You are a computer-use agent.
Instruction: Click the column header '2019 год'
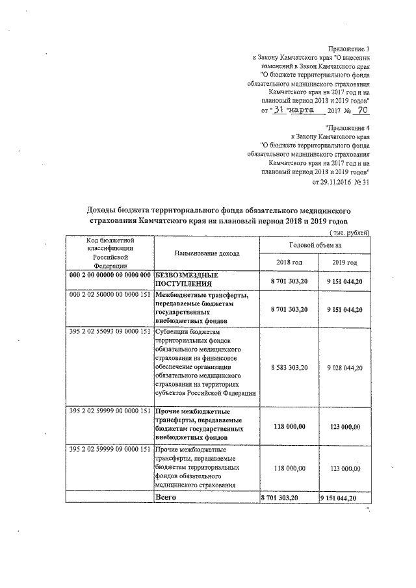tap(344, 262)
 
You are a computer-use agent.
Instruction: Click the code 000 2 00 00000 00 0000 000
tap(110, 275)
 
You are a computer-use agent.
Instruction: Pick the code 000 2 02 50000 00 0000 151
tap(110, 295)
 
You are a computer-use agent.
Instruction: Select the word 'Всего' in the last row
tap(166, 496)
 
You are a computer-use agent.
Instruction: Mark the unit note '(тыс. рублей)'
tap(350, 232)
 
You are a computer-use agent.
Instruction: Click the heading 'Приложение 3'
tap(350, 48)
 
